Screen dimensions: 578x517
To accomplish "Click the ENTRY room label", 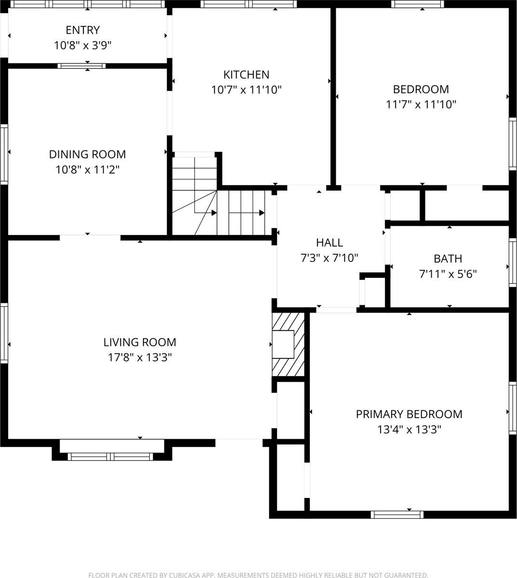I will point(82,30).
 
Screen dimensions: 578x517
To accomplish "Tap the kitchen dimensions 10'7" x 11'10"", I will point(246,90).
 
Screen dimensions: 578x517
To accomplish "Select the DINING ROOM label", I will point(87,154).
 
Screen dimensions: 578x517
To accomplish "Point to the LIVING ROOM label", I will point(140,342).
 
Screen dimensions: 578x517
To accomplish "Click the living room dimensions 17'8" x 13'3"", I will point(140,357).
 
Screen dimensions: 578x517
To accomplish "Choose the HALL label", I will point(330,243).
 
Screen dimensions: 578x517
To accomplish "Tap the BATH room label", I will point(448,259).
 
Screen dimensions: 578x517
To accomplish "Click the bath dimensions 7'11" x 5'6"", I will point(448,274).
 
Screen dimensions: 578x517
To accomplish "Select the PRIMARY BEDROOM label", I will point(409,414).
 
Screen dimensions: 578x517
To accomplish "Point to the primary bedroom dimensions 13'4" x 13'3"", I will point(409,429).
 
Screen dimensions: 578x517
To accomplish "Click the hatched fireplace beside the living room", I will point(288,344).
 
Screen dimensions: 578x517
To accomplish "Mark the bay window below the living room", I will point(110,456).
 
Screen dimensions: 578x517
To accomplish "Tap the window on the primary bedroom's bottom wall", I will point(397,514).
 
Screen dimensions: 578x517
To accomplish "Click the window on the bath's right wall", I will point(513,263).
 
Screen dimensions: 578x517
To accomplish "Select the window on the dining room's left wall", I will point(4,154).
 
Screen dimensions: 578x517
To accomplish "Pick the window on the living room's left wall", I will point(4,332).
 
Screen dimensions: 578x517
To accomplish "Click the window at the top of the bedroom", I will point(417,4).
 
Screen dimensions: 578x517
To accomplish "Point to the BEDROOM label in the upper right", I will point(421,89).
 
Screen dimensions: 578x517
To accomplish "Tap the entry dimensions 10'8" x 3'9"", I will point(82,45).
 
